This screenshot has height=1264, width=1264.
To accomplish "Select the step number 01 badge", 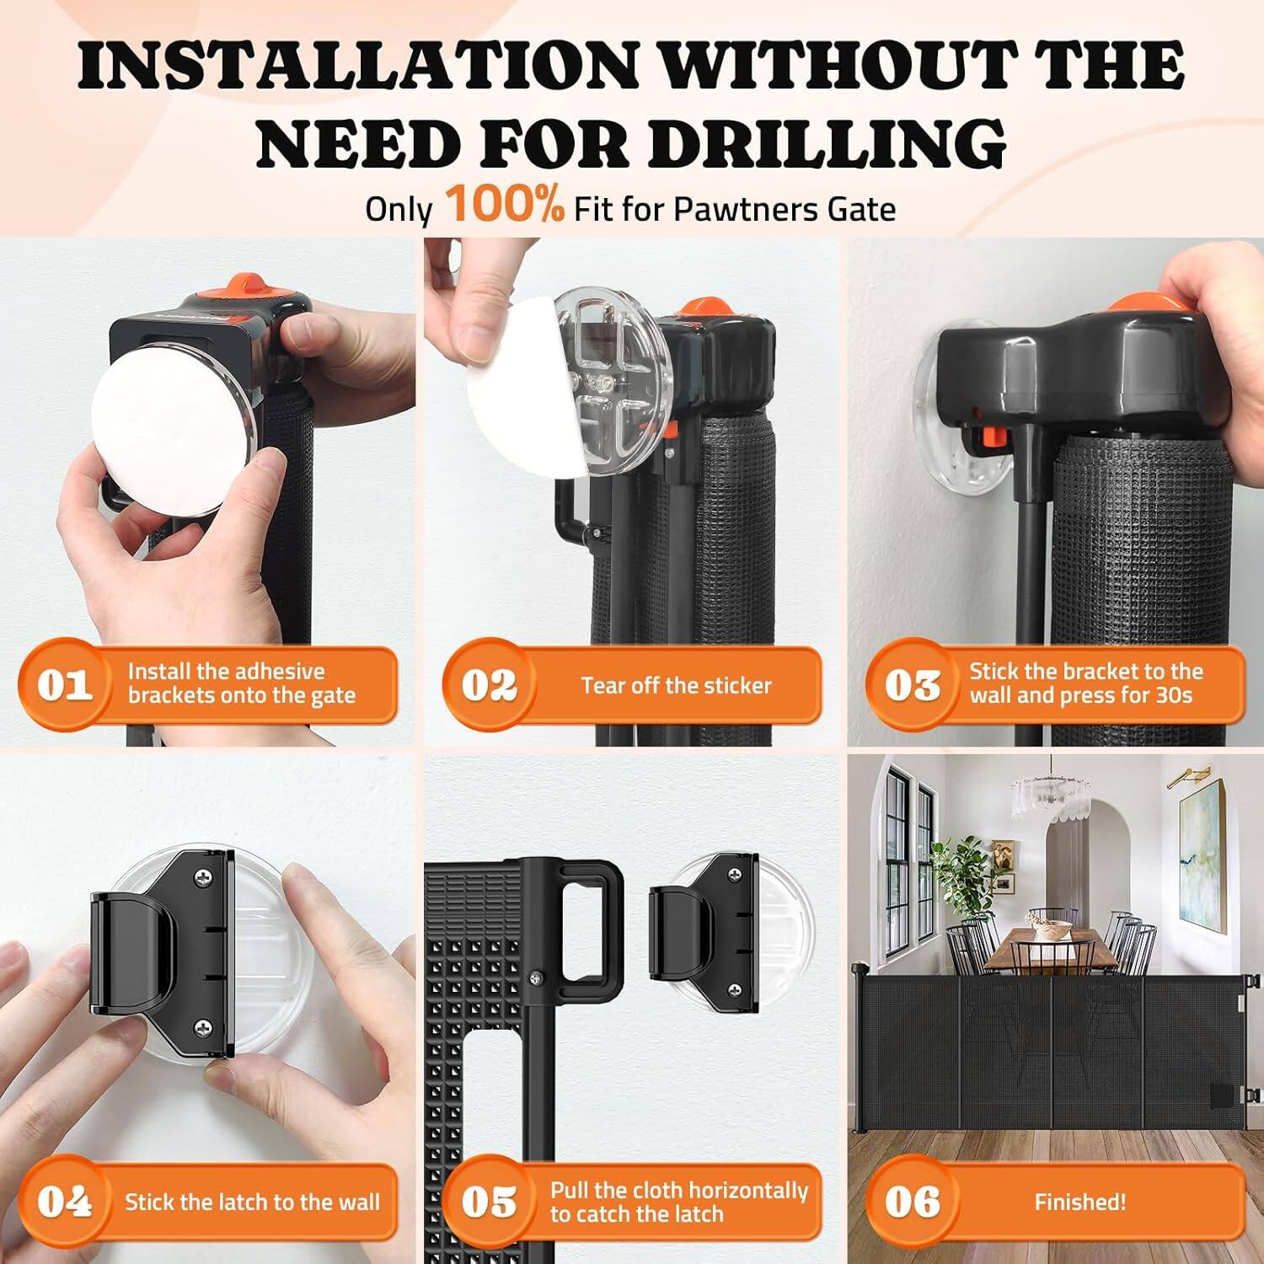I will [64, 684].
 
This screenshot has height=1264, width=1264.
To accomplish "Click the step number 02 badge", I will [489, 684].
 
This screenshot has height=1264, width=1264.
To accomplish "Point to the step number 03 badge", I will [912, 684].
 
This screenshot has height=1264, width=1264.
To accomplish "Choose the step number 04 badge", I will [64, 1202].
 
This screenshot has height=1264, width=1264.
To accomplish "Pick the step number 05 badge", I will [489, 1202].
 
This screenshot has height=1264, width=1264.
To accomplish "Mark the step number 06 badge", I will [912, 1202].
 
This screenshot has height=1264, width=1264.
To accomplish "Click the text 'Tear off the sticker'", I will [676, 685].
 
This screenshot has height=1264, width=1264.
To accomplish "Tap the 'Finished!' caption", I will [1079, 1202].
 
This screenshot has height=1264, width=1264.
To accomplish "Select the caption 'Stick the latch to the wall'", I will [252, 1202].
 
